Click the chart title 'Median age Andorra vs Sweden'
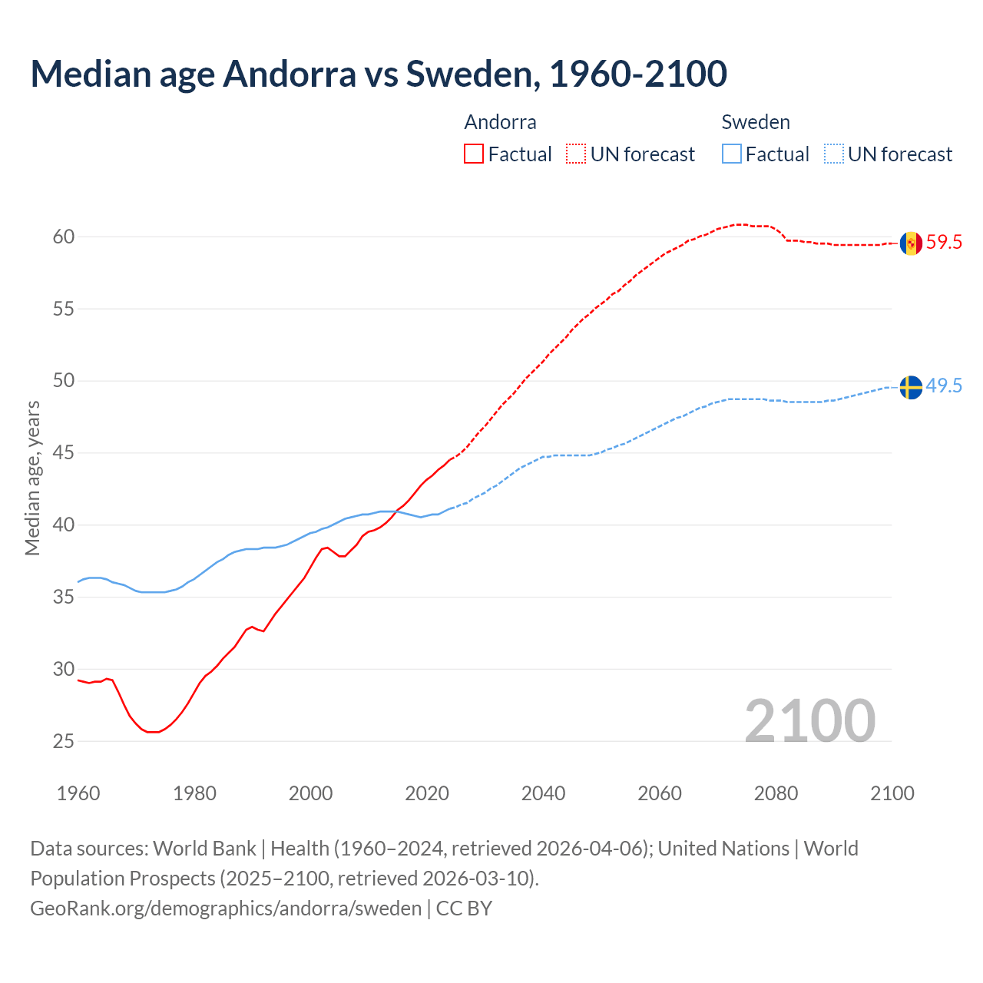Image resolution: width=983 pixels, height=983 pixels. (x=378, y=74)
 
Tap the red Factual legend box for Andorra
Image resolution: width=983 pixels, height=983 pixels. (x=474, y=154)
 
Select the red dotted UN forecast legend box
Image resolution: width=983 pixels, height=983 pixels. (x=576, y=154)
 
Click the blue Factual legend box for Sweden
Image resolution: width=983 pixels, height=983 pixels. (x=732, y=154)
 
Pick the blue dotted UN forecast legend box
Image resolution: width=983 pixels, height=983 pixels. (x=834, y=154)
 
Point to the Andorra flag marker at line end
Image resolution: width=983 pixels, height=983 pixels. (x=911, y=243)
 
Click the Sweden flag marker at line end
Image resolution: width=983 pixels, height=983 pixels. (x=911, y=387)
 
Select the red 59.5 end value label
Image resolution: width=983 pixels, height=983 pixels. (x=944, y=243)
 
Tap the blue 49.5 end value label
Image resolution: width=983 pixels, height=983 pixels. (x=944, y=386)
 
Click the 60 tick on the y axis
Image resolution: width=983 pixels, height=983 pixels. (x=64, y=237)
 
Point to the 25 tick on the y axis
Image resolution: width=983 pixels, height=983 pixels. (x=64, y=741)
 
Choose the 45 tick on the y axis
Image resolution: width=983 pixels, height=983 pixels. (x=64, y=453)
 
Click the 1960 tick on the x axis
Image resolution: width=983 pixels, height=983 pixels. (x=78, y=793)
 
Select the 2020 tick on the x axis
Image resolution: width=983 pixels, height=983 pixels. (x=427, y=793)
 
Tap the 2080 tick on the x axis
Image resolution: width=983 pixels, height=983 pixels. (x=776, y=793)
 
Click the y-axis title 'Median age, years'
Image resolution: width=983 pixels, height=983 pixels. (x=32, y=478)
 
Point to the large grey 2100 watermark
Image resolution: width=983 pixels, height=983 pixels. (x=809, y=720)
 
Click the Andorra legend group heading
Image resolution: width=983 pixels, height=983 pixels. (x=500, y=122)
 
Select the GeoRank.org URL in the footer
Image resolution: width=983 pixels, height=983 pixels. (x=226, y=909)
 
